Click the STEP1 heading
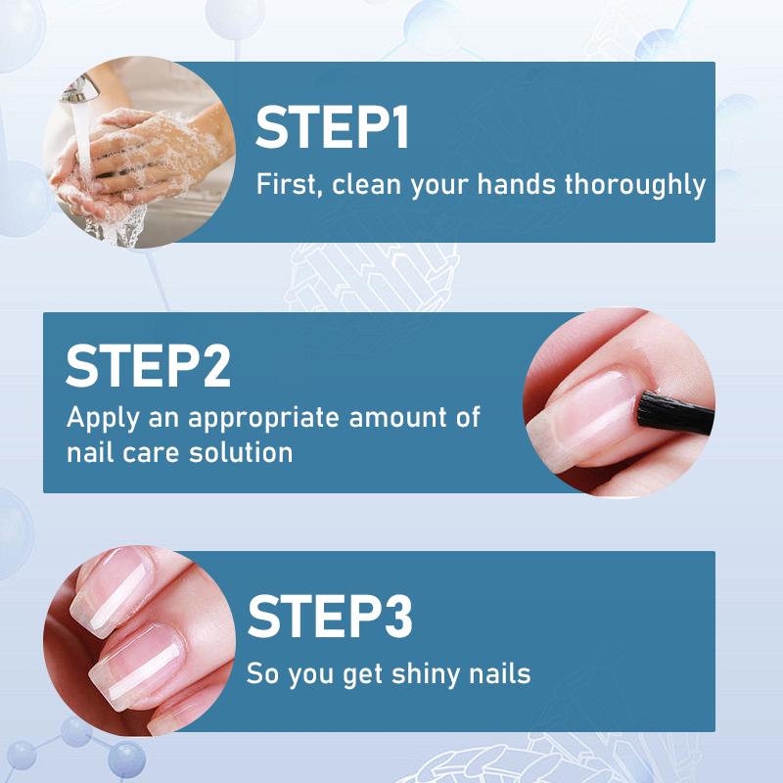[333, 129]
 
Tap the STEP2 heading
[149, 365]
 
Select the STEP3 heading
[330, 616]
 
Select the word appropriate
[266, 419]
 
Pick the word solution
[242, 453]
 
